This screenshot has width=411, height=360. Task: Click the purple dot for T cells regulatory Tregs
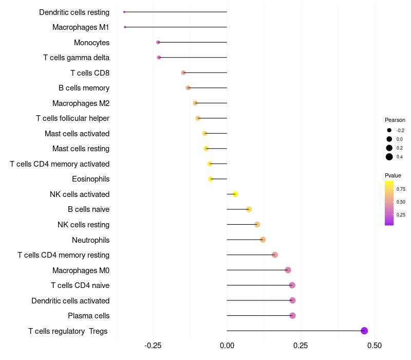[364, 331]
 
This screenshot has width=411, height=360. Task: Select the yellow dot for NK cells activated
[235, 194]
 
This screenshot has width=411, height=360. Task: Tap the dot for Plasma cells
[292, 315]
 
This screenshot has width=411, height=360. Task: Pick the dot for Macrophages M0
[288, 270]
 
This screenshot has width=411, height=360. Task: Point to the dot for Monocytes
[158, 42]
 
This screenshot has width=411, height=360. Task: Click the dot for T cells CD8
[183, 73]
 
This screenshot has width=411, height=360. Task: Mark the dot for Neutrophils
[263, 240]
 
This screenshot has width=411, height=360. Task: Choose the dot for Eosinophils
[211, 179]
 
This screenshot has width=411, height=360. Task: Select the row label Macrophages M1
[81, 27]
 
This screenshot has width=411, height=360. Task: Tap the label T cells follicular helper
[72, 118]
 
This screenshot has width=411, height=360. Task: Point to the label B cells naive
[88, 209]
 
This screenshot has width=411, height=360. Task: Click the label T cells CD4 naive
[80, 285]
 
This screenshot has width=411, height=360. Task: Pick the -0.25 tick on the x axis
[153, 345]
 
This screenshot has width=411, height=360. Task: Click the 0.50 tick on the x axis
[375, 345]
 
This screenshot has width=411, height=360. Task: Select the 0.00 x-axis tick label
[227, 345]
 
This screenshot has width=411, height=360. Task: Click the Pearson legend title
[395, 120]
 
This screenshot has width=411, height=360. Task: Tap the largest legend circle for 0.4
[389, 157]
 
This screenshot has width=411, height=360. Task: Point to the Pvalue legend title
[393, 175]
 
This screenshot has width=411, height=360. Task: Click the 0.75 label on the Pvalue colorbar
[401, 189]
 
